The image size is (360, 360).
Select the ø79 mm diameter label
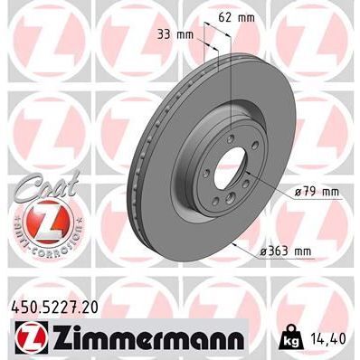click(x=317, y=192)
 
